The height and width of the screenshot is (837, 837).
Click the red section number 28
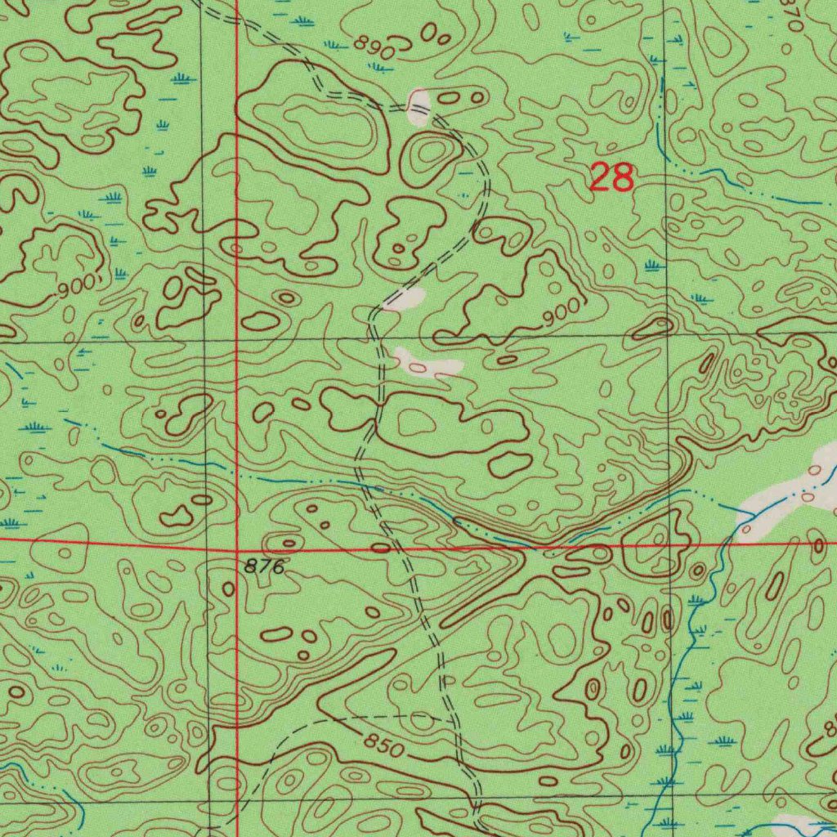611,177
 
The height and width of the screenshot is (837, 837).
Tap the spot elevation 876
263,566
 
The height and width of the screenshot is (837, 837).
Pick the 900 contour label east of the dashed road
563,311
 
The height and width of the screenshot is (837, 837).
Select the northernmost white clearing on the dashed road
418,107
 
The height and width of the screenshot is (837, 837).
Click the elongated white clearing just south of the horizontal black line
427,364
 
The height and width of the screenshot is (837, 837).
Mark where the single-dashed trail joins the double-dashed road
448,720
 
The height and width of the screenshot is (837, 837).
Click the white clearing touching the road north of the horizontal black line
405,299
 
